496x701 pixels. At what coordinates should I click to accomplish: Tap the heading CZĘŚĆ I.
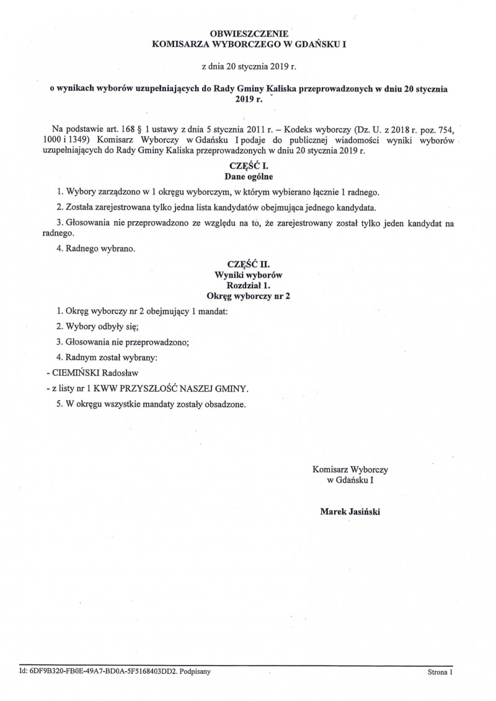pyautogui.click(x=248, y=166)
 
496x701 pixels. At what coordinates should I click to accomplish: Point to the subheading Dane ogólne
pyautogui.click(x=248, y=177)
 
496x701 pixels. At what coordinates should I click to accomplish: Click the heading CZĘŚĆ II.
pyautogui.click(x=248, y=263)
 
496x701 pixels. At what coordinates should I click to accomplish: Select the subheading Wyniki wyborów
pyautogui.click(x=248, y=274)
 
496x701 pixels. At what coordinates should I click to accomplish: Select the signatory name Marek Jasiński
pyautogui.click(x=350, y=512)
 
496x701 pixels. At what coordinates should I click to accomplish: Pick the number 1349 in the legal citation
pyautogui.click(x=84, y=141)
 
